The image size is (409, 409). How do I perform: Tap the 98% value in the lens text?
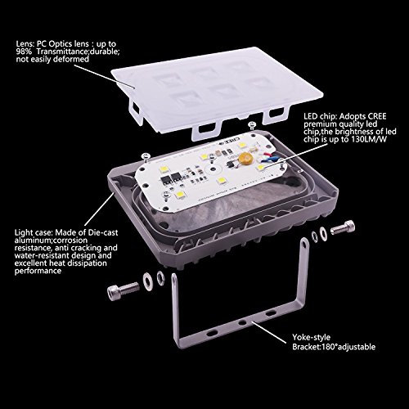pyautogui.click(x=24, y=52)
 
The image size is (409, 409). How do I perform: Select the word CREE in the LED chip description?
pyautogui.click(x=376, y=116)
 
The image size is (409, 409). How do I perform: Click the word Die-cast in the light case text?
pyautogui.click(x=103, y=232)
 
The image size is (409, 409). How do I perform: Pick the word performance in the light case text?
pyautogui.click(x=38, y=271)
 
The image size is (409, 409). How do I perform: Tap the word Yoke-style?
pyautogui.click(x=311, y=337)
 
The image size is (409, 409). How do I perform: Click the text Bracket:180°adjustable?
pyautogui.click(x=334, y=347)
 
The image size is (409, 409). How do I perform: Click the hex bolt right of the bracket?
pyautogui.click(x=343, y=227)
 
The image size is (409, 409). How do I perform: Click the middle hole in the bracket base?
pyautogui.click(x=241, y=322)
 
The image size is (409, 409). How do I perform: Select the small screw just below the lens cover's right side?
pyautogui.click(x=252, y=126)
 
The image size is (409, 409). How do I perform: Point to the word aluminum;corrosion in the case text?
pyautogui.click(x=51, y=240)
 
